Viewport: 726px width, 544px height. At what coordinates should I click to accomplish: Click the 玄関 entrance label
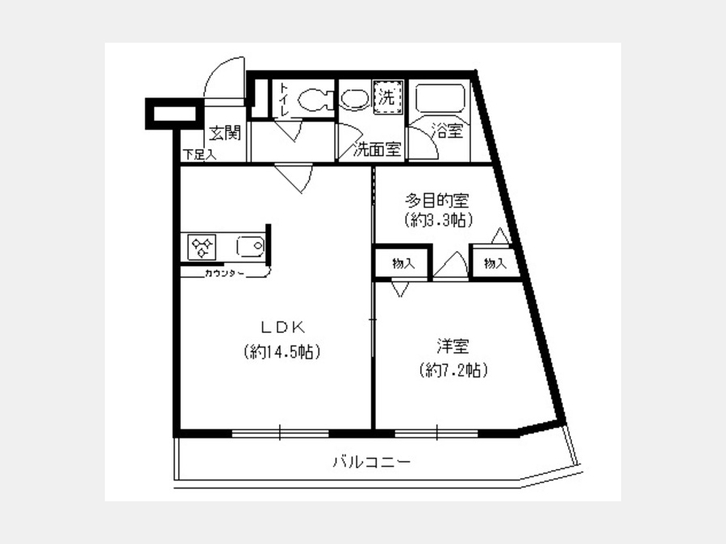(x=225, y=133)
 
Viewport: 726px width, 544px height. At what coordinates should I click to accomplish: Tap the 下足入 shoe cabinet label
(x=198, y=155)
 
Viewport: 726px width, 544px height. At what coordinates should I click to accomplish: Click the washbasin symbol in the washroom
(x=353, y=99)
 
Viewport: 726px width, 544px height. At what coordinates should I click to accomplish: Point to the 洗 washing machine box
(x=387, y=99)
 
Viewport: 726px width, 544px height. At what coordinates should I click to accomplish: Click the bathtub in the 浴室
(x=438, y=100)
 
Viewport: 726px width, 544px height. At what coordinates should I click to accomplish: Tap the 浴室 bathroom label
(x=447, y=131)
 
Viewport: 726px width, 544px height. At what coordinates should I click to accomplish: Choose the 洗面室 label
(x=379, y=149)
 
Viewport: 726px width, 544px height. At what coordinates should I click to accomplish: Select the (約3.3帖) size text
(x=437, y=219)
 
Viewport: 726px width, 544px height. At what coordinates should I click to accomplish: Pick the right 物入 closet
(x=494, y=264)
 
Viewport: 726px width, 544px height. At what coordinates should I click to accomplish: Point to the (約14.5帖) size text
(x=281, y=352)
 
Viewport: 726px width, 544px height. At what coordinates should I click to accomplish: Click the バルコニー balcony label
(x=372, y=463)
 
